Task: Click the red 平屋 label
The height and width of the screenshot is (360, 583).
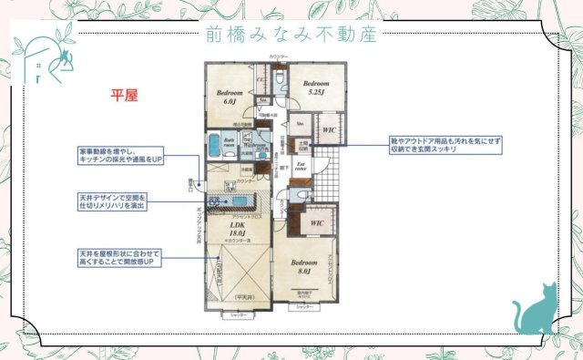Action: click(x=124, y=95)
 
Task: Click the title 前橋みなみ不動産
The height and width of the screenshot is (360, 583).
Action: click(x=291, y=35)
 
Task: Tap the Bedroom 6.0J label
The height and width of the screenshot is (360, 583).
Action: click(x=229, y=98)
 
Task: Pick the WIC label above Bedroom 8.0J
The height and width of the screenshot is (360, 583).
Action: click(x=317, y=221)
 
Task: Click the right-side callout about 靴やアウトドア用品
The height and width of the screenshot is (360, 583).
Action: click(x=445, y=146)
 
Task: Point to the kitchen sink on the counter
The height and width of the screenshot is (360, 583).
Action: click(x=241, y=201)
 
